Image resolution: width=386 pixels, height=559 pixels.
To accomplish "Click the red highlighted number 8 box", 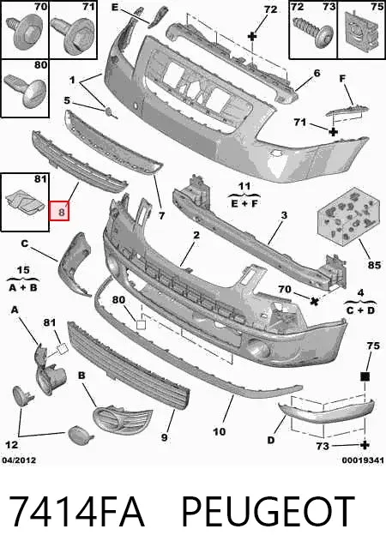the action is pyautogui.click(x=59, y=211).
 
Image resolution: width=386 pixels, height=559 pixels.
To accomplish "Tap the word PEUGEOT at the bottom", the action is pyautogui.click(x=268, y=511).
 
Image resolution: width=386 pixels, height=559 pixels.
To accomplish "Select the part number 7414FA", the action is pyautogui.click(x=76, y=511).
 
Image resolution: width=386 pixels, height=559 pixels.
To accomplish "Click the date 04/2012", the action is pyautogui.click(x=19, y=460).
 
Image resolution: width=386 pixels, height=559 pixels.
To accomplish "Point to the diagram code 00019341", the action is pyautogui.click(x=363, y=460).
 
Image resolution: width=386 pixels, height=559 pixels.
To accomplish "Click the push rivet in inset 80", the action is pyautogui.click(x=27, y=89).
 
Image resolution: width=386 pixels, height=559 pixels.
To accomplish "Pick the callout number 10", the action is pyautogui.click(x=220, y=432).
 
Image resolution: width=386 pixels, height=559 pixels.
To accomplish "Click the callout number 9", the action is pyautogui.click(x=164, y=436).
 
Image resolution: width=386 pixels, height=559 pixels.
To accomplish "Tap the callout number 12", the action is pyautogui.click(x=11, y=445).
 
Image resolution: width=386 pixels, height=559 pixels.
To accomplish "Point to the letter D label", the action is pyautogui.click(x=271, y=441).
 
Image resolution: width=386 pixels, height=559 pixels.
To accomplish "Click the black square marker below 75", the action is pyautogui.click(x=365, y=376).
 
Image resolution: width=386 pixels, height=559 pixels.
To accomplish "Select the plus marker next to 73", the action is pyautogui.click(x=365, y=445).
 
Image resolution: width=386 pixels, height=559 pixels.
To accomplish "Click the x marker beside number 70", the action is pyautogui.click(x=314, y=301).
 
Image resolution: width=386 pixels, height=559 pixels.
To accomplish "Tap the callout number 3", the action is pyautogui.click(x=284, y=215).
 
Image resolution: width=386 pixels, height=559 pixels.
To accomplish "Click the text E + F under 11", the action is pyautogui.click(x=244, y=203).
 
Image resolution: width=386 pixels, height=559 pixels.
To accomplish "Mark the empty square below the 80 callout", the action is pyautogui.click(x=141, y=325).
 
